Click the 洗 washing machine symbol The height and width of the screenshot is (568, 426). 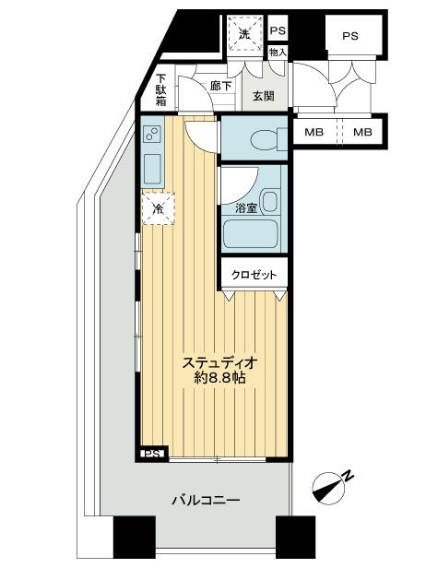(x=245, y=33)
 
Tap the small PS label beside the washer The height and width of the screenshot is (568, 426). (x=278, y=30)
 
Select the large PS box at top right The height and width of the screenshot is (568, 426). (x=349, y=36)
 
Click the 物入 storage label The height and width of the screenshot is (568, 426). (x=278, y=53)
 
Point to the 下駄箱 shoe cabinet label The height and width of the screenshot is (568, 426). (x=160, y=90)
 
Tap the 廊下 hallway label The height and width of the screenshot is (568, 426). (x=220, y=86)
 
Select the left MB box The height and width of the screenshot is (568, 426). (x=314, y=132)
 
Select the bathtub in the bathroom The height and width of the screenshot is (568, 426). (x=250, y=235)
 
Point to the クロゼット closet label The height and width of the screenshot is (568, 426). (x=254, y=275)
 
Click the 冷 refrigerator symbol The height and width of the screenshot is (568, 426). (x=158, y=209)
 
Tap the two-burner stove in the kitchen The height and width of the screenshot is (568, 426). (x=154, y=139)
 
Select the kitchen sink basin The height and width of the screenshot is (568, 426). (x=154, y=171)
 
